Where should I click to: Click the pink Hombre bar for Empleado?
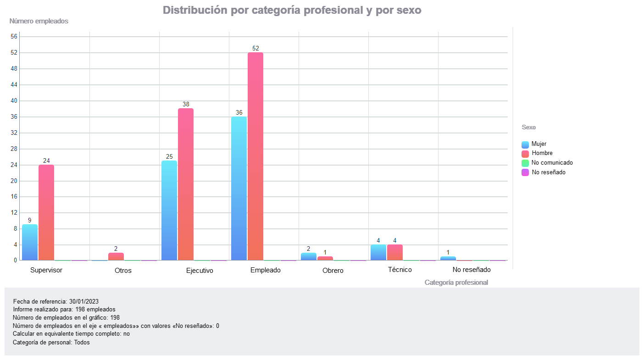(x=255, y=156)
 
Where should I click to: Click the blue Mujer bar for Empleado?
(x=239, y=188)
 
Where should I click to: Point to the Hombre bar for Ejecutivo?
(x=186, y=184)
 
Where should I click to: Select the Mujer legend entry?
(x=539, y=144)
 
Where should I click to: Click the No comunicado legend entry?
(x=552, y=163)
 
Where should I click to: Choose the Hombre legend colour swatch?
(x=525, y=154)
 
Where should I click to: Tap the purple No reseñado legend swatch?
(x=525, y=172)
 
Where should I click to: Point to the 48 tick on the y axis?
(x=14, y=69)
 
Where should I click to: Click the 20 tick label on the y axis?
(x=14, y=181)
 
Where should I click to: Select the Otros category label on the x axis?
(x=123, y=271)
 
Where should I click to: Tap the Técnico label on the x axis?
(x=400, y=270)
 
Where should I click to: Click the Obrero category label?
(x=333, y=271)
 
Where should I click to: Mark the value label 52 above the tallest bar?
(x=255, y=48)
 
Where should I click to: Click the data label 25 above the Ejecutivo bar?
(x=169, y=156)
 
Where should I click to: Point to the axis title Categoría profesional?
(x=456, y=282)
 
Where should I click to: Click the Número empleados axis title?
(x=39, y=21)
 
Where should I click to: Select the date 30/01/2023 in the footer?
(x=84, y=301)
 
